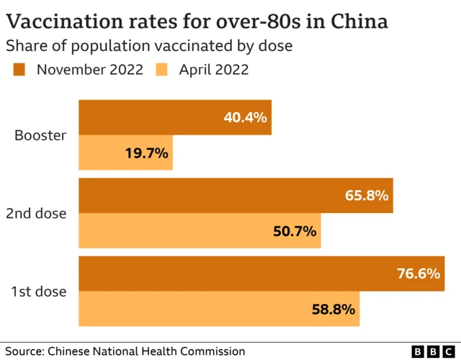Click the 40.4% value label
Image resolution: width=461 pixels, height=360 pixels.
click(245, 117)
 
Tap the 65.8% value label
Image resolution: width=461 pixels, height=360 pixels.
click(367, 196)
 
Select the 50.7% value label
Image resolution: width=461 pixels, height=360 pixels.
click(295, 231)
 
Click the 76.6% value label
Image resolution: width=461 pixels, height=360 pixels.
click(418, 274)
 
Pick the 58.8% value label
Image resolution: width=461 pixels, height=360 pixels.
click(334, 310)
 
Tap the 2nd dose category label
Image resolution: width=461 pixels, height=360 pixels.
click(37, 214)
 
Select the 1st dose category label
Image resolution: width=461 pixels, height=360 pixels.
click(39, 292)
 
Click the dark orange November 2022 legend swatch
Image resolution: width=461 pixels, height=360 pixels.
click(19, 70)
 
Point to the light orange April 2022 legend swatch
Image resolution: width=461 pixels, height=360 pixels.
click(163, 70)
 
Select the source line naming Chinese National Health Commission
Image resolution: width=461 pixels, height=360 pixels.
click(123, 351)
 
